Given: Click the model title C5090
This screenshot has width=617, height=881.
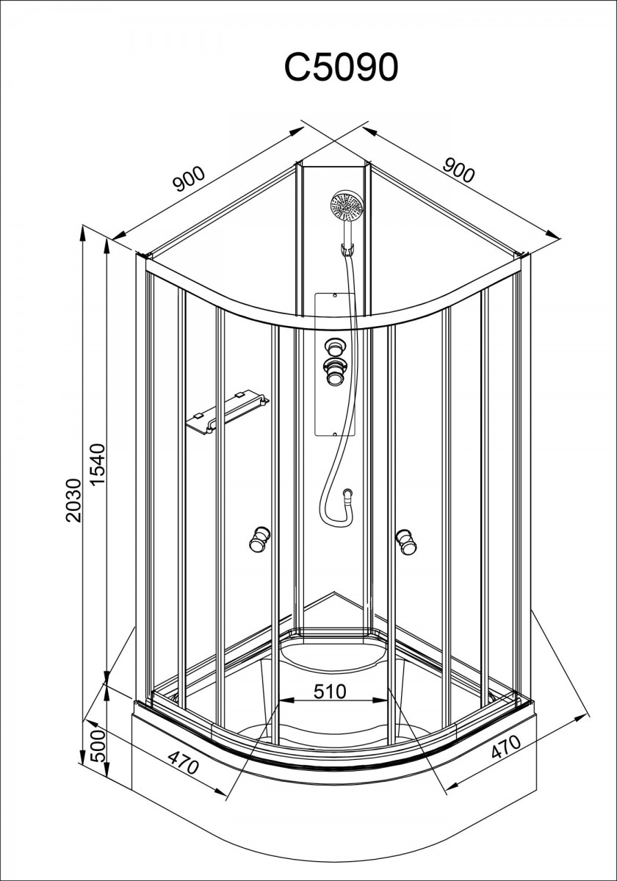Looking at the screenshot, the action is [x=341, y=67].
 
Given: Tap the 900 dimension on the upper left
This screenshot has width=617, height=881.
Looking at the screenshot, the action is [x=190, y=178].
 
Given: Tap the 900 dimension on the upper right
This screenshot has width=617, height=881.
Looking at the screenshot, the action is [x=459, y=170].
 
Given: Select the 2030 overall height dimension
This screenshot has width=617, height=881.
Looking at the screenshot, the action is [x=73, y=500].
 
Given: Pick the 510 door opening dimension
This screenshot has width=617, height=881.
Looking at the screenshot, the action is [x=330, y=691].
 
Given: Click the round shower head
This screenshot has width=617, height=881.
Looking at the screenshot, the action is [x=347, y=206].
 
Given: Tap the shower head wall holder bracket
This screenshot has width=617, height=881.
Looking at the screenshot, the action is [x=347, y=250].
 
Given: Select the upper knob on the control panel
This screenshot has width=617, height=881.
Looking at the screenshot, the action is [x=334, y=348].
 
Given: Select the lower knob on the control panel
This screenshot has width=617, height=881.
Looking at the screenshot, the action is [x=334, y=372].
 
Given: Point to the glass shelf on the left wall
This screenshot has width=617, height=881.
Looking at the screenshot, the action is [x=227, y=411].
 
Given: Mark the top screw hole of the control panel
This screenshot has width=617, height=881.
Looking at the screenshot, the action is [x=334, y=295].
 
